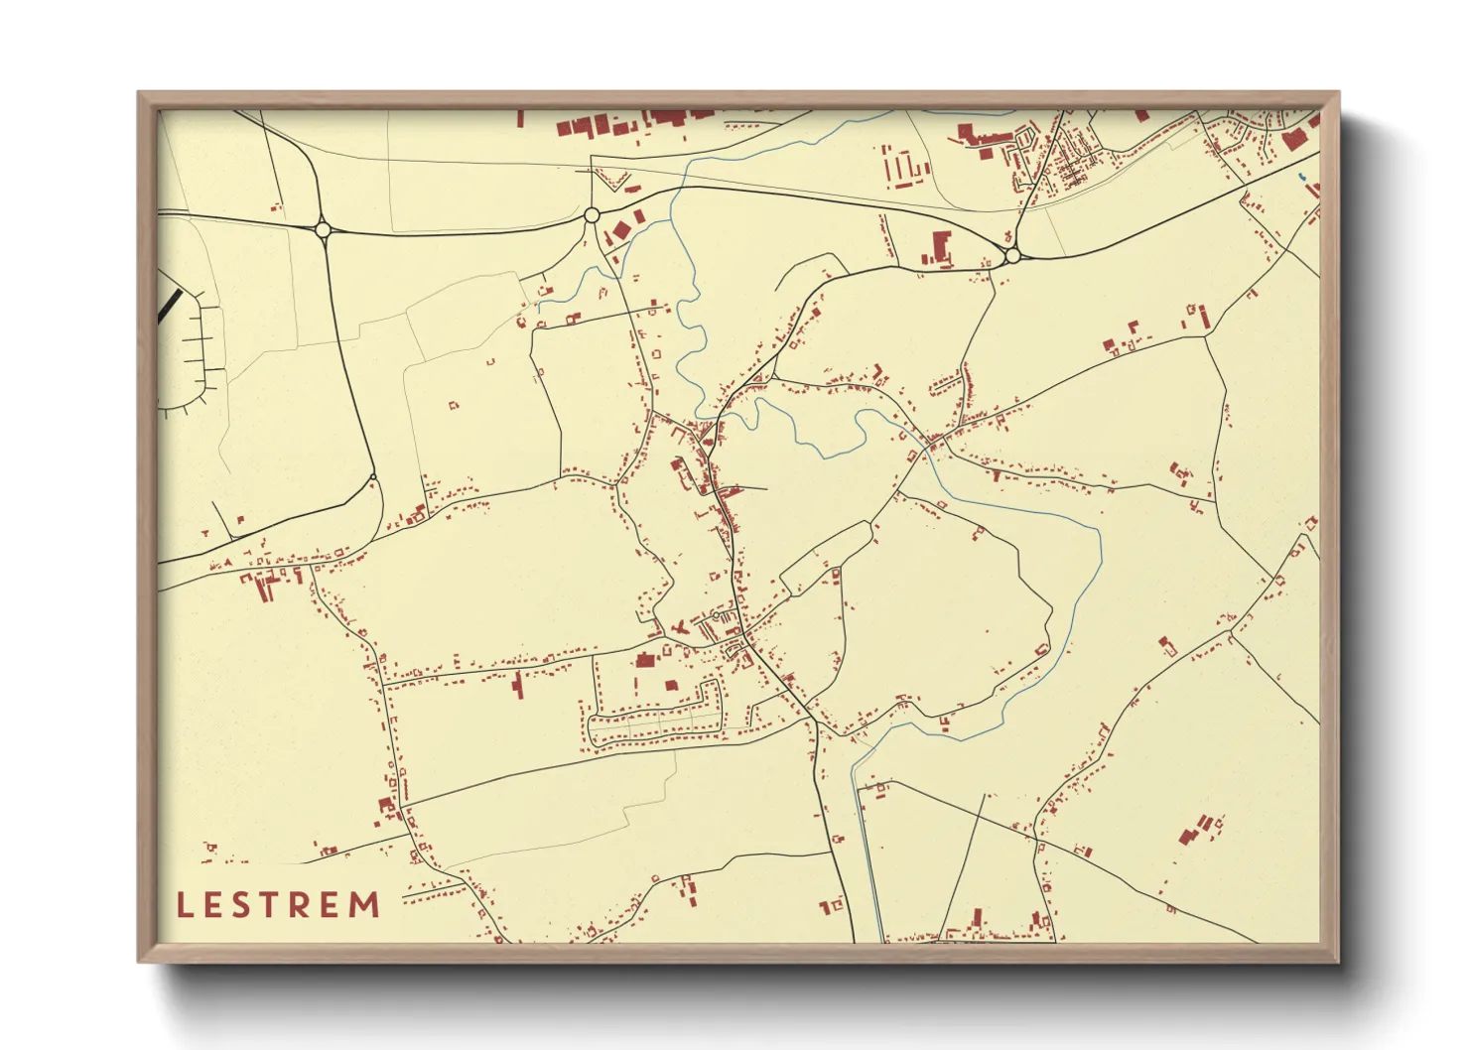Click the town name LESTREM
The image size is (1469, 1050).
(279, 904)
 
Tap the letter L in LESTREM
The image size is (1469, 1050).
(184, 905)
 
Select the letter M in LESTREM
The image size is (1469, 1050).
(365, 904)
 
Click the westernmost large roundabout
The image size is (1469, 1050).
(322, 229)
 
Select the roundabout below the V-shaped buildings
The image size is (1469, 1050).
(592, 214)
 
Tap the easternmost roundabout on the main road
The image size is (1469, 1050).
(1011, 256)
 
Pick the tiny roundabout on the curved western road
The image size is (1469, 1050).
(372, 478)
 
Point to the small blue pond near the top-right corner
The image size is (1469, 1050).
(1301, 178)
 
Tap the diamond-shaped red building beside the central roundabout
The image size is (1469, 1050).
(621, 230)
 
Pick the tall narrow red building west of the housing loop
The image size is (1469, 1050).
(518, 684)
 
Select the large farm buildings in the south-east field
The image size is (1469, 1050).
(1196, 829)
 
